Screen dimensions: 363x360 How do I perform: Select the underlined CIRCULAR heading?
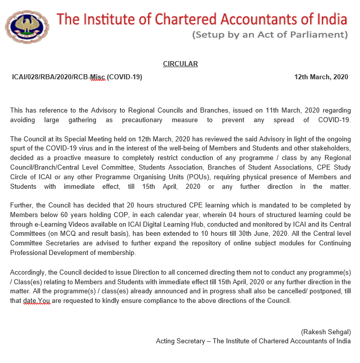pos(180,64)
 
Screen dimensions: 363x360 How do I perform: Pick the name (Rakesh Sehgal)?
pos(325,332)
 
